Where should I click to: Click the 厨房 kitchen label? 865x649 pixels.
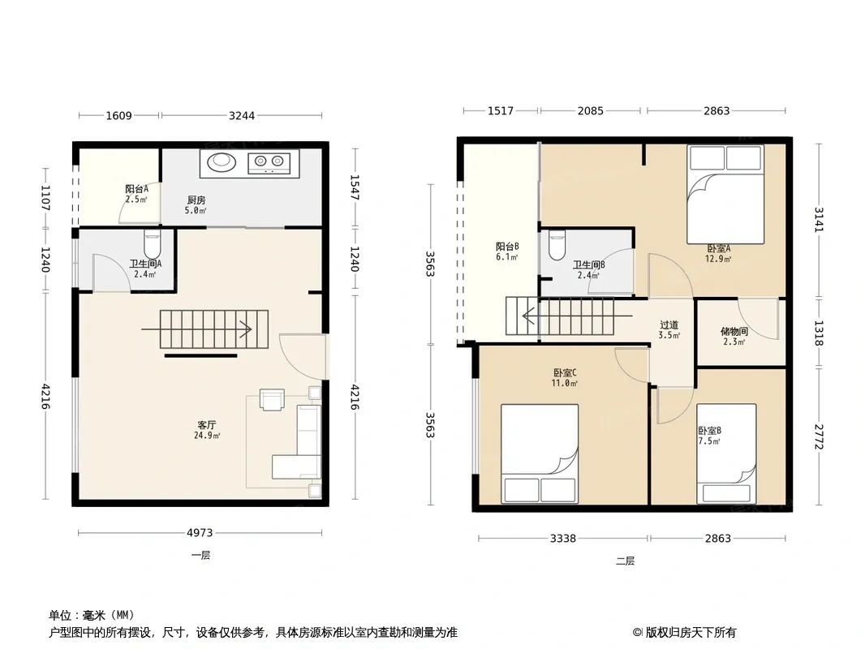[196, 200]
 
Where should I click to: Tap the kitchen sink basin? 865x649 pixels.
[222, 161]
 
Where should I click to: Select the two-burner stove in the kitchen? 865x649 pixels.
[269, 161]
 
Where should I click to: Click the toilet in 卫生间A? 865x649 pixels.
[152, 243]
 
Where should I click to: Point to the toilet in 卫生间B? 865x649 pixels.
[557, 245]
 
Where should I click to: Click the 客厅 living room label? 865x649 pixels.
[206, 425]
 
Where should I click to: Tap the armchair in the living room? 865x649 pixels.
[272, 400]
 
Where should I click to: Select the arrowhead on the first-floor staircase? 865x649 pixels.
[246, 329]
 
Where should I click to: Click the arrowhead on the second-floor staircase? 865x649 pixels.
[528, 316]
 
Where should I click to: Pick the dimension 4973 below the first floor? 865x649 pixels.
[200, 533]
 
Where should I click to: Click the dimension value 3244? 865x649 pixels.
[242, 116]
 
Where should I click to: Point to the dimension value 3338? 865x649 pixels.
[562, 538]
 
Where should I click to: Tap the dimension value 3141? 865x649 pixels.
[819, 220]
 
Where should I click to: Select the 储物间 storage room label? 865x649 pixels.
[734, 331]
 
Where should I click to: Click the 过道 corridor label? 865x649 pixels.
[669, 324]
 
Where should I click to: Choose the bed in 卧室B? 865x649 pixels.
[726, 453]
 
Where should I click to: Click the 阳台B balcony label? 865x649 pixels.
[507, 247]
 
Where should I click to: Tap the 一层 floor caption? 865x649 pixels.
[200, 555]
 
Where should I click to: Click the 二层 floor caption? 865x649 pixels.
[625, 561]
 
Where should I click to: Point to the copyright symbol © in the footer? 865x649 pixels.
[637, 633]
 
